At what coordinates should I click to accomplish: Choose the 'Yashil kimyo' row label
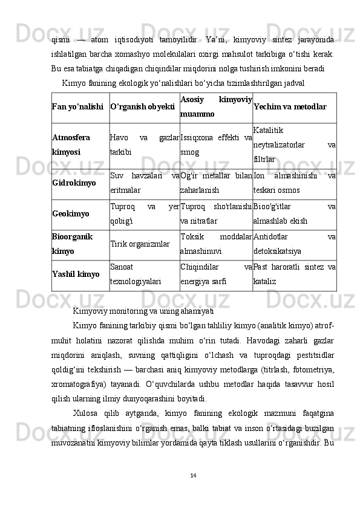click(76, 274)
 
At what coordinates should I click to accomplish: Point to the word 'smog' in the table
click(189, 152)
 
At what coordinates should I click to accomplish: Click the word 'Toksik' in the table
click(193, 237)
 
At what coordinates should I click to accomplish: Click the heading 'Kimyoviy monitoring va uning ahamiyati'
click(143, 311)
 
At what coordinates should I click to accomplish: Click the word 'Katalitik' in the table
click(268, 130)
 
